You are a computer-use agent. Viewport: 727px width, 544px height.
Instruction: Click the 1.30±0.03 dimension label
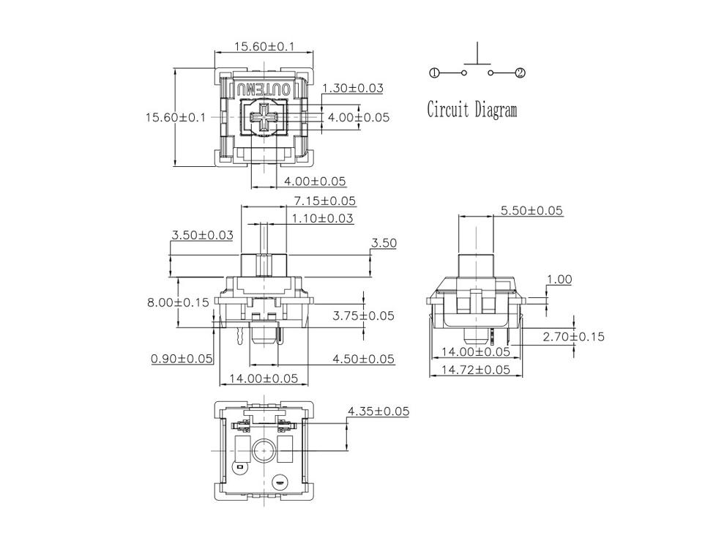(x=353, y=88)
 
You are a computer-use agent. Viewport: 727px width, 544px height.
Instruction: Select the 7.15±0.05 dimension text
(x=324, y=201)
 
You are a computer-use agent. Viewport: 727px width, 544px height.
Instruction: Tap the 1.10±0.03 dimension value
(x=322, y=218)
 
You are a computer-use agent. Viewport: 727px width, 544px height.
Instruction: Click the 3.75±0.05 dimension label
(x=363, y=316)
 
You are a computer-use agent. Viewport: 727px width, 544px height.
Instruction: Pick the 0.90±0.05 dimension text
(x=182, y=359)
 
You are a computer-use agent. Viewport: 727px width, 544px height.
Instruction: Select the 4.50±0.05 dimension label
(x=363, y=359)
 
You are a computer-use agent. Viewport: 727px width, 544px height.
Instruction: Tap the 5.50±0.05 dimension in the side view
(x=532, y=211)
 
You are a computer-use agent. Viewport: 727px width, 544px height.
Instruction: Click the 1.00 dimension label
(x=559, y=279)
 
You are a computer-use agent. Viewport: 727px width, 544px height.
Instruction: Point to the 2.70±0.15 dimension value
(x=573, y=337)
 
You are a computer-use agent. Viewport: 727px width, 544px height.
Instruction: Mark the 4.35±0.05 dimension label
(x=379, y=411)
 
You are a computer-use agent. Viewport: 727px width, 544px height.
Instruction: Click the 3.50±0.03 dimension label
(x=202, y=235)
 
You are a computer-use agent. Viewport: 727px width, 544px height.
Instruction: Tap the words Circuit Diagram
(x=471, y=111)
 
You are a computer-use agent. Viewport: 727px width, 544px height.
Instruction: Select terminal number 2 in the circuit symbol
(x=520, y=72)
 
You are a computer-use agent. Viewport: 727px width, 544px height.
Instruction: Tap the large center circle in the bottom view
(x=263, y=450)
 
